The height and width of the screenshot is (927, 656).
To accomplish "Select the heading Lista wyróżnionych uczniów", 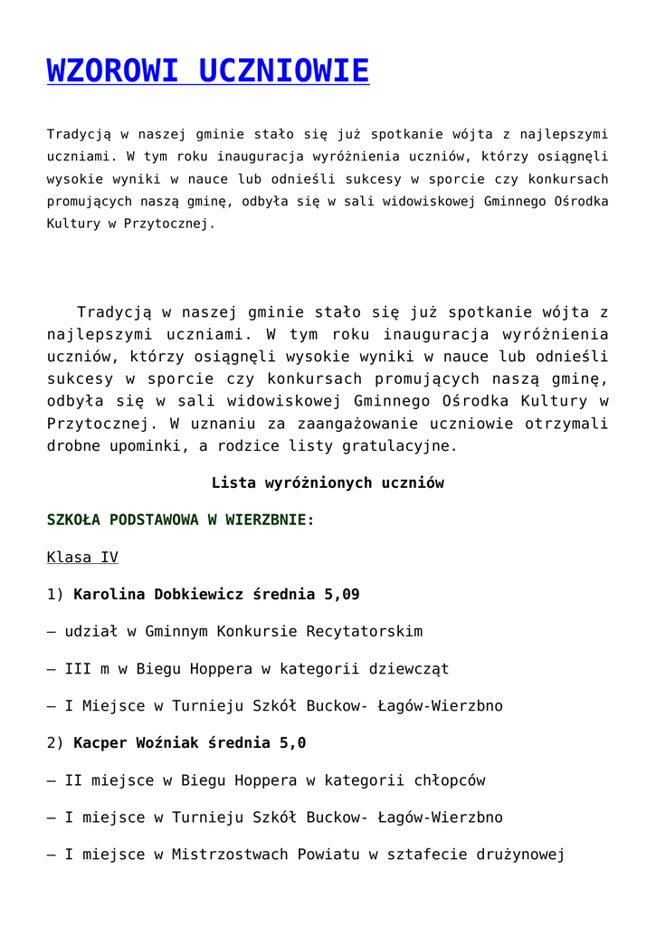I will (x=328, y=483).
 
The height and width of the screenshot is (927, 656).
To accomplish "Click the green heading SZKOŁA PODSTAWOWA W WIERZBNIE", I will (x=180, y=521).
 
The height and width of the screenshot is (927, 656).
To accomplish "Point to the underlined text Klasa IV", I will (x=82, y=558).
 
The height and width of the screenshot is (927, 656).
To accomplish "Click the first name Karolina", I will (x=109, y=595).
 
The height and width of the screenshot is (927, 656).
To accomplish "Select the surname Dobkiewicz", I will (x=199, y=595).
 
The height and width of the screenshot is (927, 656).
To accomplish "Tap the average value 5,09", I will (x=342, y=595).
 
